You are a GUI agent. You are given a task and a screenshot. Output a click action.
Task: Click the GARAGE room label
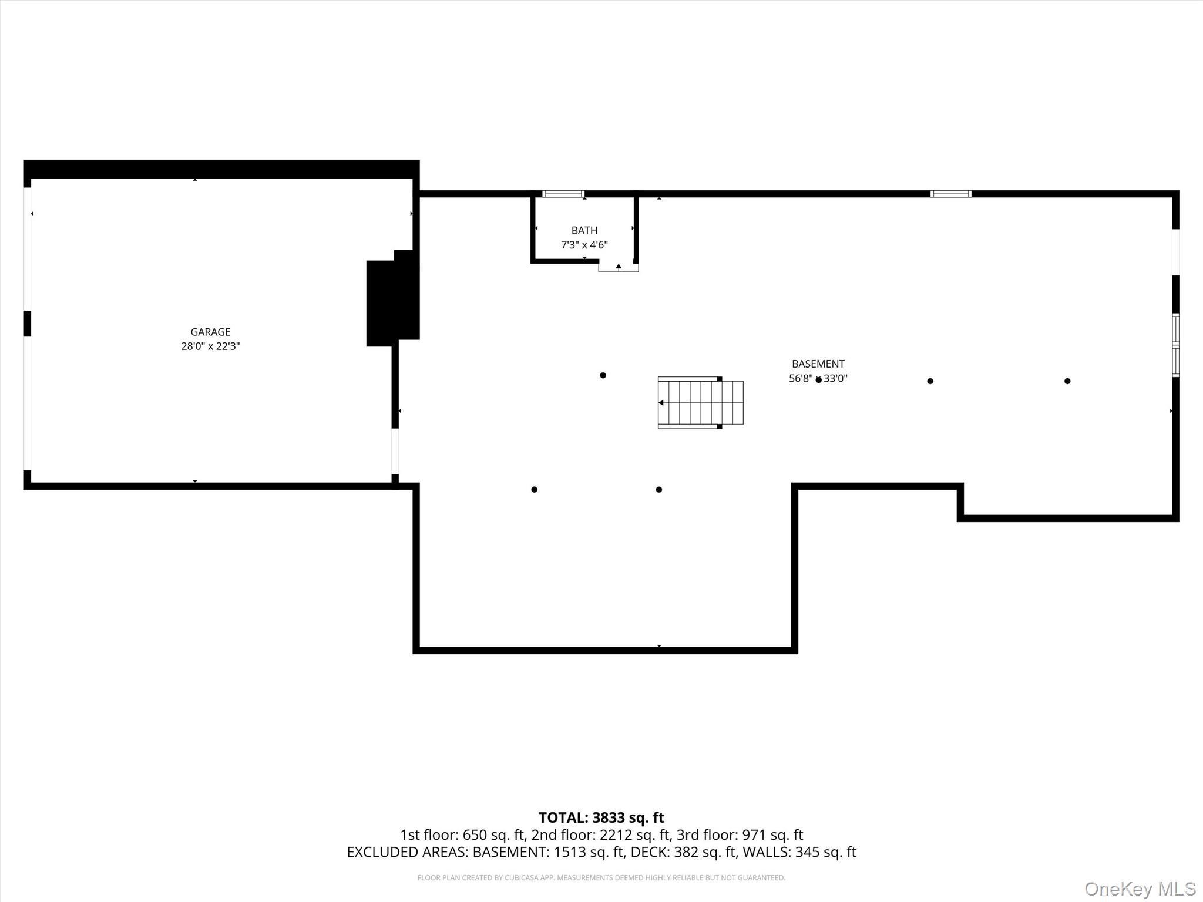click(x=210, y=332)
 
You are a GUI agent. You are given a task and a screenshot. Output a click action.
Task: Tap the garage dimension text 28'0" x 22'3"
click(x=210, y=346)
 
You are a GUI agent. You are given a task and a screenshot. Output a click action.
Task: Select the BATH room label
click(x=584, y=230)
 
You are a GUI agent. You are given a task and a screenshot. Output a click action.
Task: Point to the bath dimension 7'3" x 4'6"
click(x=584, y=245)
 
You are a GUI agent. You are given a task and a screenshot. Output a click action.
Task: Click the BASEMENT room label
click(x=818, y=364)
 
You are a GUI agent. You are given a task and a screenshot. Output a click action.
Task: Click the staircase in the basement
click(x=700, y=403)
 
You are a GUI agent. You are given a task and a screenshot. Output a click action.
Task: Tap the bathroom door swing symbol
click(x=618, y=267)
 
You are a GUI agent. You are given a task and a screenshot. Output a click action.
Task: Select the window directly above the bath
click(x=563, y=194)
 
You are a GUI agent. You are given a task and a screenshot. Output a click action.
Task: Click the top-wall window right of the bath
click(x=950, y=194)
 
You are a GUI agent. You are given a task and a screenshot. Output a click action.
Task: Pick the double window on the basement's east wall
click(x=1175, y=345)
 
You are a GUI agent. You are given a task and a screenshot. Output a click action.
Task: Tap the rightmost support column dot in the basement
click(x=1067, y=381)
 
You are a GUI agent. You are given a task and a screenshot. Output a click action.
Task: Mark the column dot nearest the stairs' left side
click(x=603, y=375)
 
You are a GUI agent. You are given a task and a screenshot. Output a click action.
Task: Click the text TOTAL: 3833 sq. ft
click(x=601, y=817)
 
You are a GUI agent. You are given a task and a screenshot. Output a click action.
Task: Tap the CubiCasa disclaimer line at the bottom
click(x=601, y=878)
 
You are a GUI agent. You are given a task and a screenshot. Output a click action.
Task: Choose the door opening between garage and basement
click(x=395, y=451)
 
